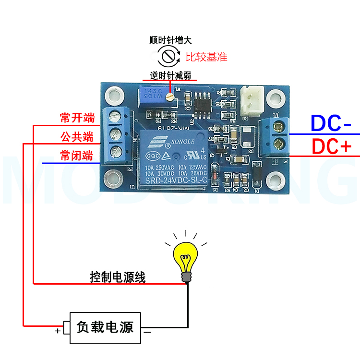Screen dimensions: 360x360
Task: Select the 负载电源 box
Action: click(105, 328)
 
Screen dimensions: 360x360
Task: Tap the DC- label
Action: click(331, 123)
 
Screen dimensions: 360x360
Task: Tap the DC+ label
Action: click(332, 146)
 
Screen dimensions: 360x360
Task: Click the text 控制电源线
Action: click(118, 277)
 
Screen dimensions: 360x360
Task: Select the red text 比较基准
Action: click(206, 57)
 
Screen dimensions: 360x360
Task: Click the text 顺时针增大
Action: click(170, 41)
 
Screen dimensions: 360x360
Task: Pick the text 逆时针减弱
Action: click(170, 75)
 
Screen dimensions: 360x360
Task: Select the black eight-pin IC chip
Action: click(202, 102)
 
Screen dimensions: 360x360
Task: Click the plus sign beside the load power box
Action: click(58, 331)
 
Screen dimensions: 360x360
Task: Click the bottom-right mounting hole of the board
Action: click(275, 178)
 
